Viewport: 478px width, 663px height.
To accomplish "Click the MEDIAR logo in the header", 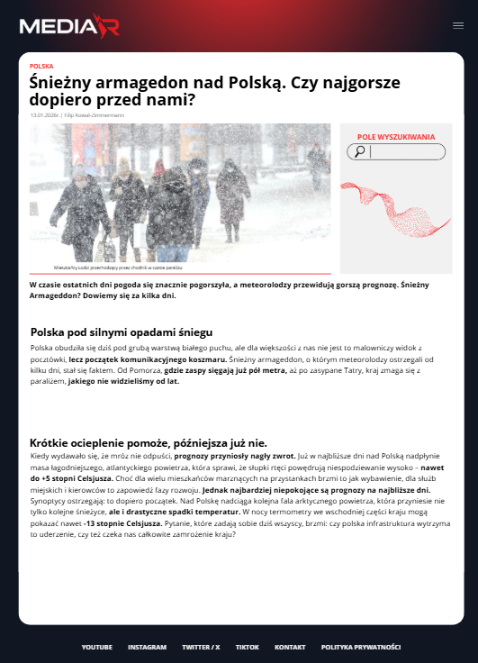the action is (68, 26).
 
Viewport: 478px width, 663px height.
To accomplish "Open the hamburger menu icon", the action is (458, 25).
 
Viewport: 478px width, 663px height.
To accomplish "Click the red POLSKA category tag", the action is (41, 66).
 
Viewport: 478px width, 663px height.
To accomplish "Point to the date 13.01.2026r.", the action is (44, 115).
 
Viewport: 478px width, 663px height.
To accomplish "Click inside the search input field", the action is (405, 151).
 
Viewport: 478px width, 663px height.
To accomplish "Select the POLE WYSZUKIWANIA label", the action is (396, 137).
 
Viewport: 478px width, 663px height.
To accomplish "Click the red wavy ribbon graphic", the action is (395, 205).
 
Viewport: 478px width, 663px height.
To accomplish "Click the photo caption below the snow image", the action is (119, 268).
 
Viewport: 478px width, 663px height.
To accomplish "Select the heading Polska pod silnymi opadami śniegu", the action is (121, 331).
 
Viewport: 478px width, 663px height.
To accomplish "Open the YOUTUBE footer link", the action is (96, 647).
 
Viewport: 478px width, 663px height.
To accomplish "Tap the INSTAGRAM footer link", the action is (147, 647).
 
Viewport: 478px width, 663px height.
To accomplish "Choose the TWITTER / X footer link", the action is (201, 647).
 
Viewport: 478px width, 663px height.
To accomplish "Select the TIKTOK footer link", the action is (248, 647).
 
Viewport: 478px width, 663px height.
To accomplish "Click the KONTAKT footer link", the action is (290, 647).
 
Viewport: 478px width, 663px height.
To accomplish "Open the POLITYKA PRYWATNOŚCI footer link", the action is (360, 647).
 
